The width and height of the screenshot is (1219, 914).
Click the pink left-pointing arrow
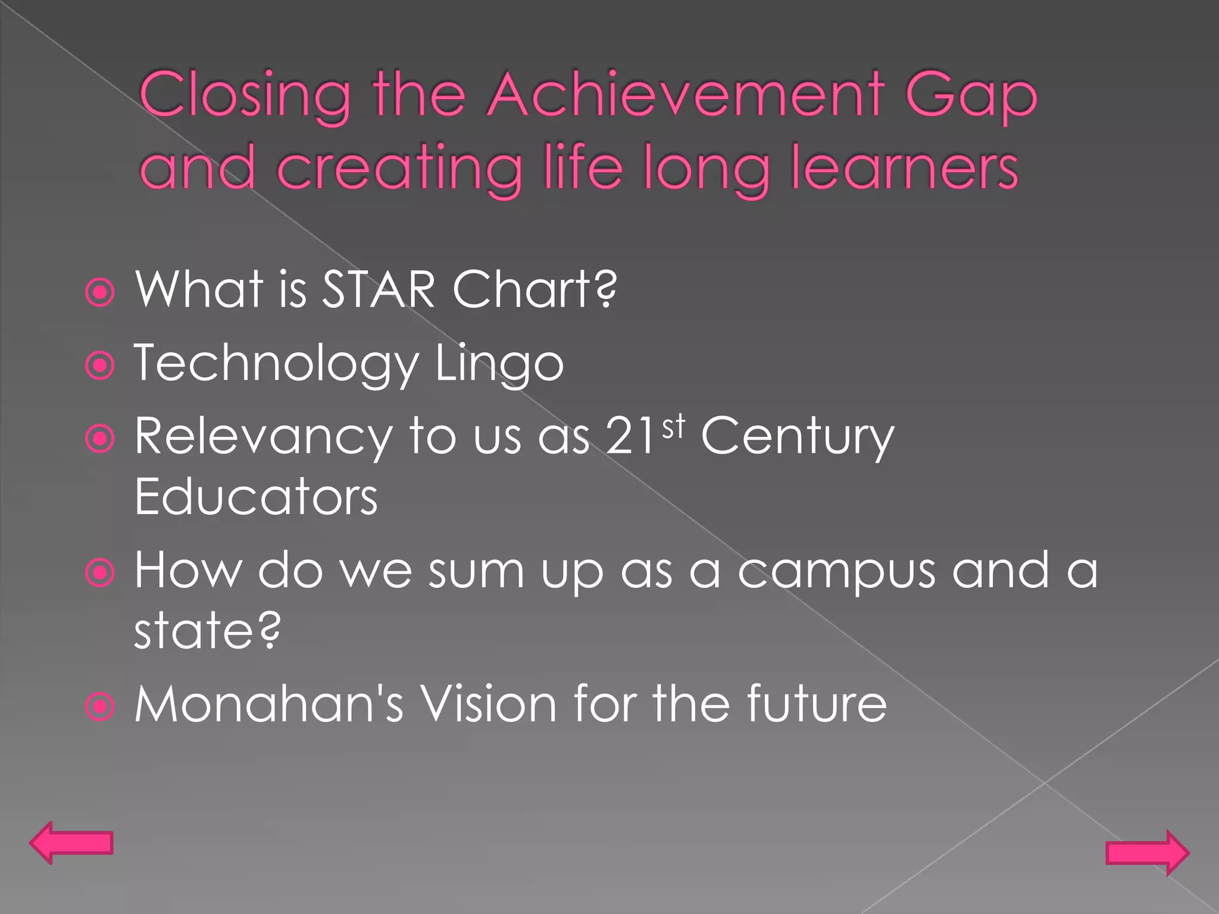click(71, 843)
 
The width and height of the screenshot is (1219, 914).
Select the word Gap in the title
click(971, 98)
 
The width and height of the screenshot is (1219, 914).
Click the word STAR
click(379, 289)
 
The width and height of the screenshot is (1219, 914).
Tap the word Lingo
click(499, 364)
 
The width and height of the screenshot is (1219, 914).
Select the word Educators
click(256, 497)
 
